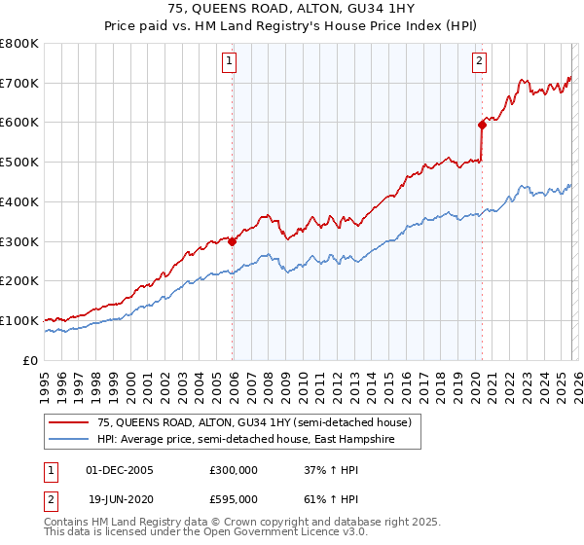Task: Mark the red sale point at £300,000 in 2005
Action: pyautogui.click(x=232, y=242)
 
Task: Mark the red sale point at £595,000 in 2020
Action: pyautogui.click(x=482, y=125)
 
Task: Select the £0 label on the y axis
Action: pyautogui.click(x=29, y=360)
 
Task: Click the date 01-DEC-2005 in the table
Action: pyautogui.click(x=119, y=470)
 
